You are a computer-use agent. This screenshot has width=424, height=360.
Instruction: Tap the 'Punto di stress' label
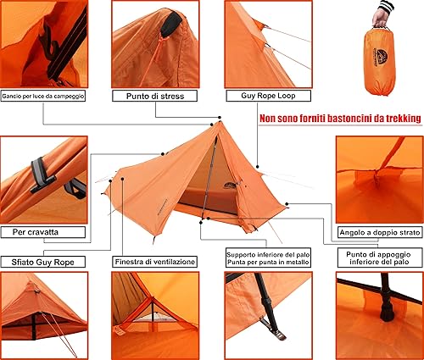pos(154,97)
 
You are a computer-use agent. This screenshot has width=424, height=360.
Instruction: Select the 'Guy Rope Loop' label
pos(265,97)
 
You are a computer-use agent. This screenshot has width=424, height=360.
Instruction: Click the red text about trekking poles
pos(339,119)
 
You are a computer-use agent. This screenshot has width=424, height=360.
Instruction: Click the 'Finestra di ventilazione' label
pos(154,262)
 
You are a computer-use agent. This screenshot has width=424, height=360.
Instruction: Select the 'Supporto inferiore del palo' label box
pos(265,258)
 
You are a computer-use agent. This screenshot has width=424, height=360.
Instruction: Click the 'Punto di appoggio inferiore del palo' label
pos(378,258)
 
